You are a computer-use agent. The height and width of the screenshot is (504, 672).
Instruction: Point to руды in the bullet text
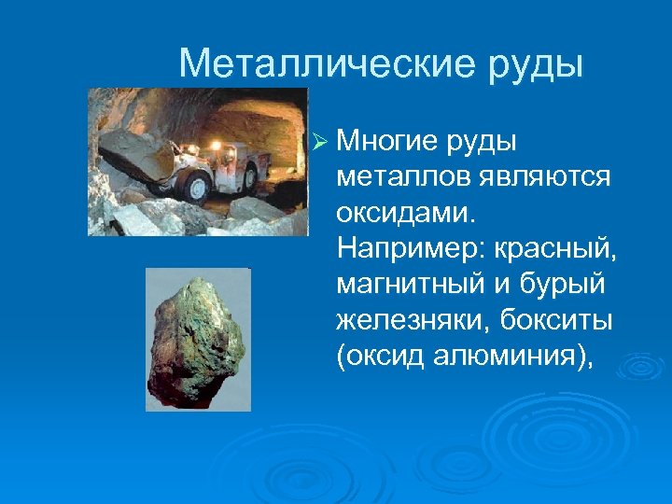pos(483,142)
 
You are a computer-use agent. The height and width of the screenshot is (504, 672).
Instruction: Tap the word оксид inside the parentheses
pos(384,357)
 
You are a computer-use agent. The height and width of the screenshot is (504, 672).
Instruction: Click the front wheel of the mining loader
pos(196,188)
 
